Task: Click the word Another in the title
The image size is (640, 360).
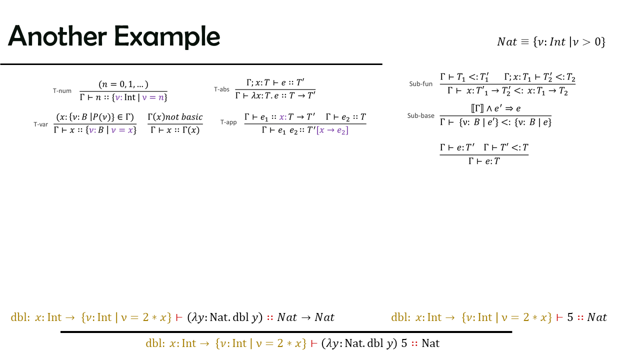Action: click(57, 36)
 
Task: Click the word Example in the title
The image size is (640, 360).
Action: click(167, 37)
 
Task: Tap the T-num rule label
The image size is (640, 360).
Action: click(62, 91)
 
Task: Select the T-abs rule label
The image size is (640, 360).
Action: click(221, 89)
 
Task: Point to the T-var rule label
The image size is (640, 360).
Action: click(41, 124)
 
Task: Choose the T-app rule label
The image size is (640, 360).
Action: click(228, 122)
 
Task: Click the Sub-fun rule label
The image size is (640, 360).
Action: click(421, 83)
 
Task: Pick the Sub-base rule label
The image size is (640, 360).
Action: click(421, 115)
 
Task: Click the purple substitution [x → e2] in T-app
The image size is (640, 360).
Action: click(332, 130)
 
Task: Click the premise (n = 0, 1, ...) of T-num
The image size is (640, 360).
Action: click(123, 84)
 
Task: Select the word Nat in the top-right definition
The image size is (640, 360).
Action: click(507, 42)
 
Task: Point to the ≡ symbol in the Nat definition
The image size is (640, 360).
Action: click(525, 42)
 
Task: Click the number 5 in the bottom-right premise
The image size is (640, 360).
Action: click(570, 317)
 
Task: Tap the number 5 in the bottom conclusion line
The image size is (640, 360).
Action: click(404, 343)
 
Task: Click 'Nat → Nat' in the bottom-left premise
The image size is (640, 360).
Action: click(305, 317)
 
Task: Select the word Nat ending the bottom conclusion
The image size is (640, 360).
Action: click(430, 343)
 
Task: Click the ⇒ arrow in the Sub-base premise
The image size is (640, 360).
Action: click(509, 108)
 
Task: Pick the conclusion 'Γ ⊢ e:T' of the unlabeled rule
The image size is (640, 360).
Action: click(484, 161)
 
